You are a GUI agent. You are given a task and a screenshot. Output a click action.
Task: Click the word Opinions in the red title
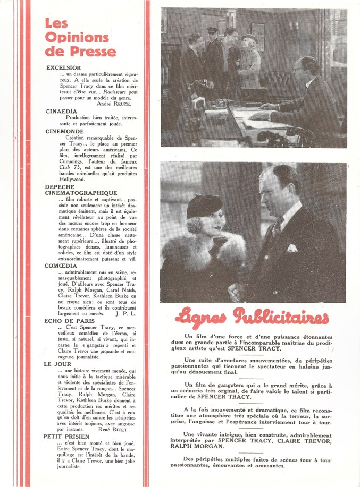click(x=77, y=37)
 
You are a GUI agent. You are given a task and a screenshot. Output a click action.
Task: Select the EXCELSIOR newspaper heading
click(x=63, y=68)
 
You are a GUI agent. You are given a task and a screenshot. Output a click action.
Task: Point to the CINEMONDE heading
click(x=64, y=130)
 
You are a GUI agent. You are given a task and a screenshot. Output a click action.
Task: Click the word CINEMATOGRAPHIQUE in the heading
click(x=81, y=193)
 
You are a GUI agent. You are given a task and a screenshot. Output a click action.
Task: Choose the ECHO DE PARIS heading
click(x=70, y=321)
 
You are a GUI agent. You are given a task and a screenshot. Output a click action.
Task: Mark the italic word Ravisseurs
click(x=111, y=91)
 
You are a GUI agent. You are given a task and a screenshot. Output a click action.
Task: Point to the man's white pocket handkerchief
click(x=291, y=247)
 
